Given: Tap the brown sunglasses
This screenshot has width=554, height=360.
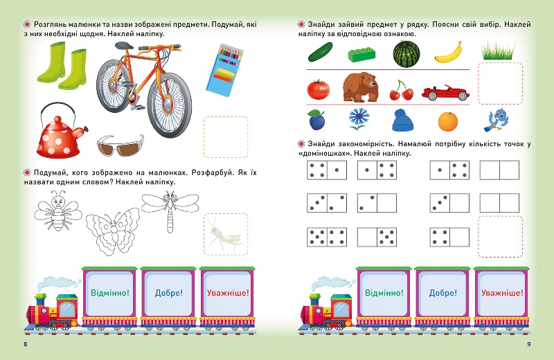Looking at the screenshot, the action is (x=120, y=145).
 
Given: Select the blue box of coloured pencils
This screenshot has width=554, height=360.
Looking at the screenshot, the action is (x=224, y=70).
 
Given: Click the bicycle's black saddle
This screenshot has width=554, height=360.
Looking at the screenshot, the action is (x=124, y=46).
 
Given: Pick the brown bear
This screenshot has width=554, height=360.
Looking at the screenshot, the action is (x=360, y=87).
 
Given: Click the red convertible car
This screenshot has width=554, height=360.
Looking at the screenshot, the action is (x=445, y=93).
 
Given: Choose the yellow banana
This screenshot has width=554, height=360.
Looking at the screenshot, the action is (x=449, y=53).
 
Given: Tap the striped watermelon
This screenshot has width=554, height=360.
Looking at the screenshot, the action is (x=406, y=54).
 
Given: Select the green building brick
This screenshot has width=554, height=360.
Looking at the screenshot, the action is (x=361, y=55).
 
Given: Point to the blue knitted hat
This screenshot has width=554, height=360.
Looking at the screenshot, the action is (x=402, y=120).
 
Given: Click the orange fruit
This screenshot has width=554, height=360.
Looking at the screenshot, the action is (x=447, y=121).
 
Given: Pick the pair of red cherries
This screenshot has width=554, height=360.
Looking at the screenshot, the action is (x=401, y=91).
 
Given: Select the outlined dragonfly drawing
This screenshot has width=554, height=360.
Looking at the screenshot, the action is (x=170, y=209).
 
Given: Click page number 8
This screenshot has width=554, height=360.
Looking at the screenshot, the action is (x=26, y=344).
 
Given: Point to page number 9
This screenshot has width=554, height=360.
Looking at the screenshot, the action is (x=528, y=344).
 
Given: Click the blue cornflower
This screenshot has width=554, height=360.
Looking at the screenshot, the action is (x=358, y=119).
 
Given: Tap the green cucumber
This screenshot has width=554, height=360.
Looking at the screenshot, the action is (x=321, y=52).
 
